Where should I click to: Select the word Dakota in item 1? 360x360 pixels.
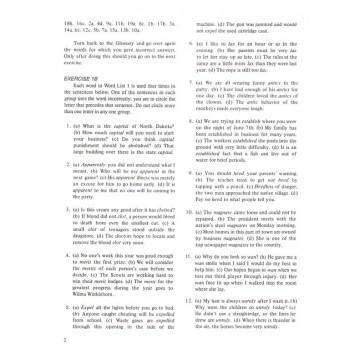(152, 151)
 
